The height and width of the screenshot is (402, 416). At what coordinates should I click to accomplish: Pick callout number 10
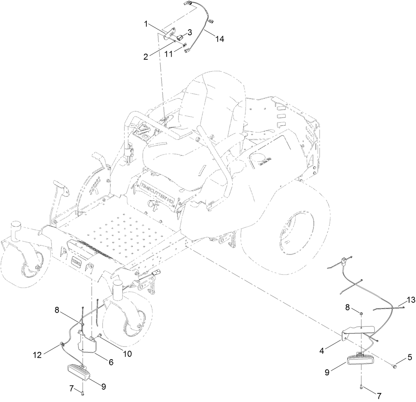pyautogui.click(x=127, y=354)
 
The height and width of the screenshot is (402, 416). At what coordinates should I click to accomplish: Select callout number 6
pyautogui.click(x=111, y=362)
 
